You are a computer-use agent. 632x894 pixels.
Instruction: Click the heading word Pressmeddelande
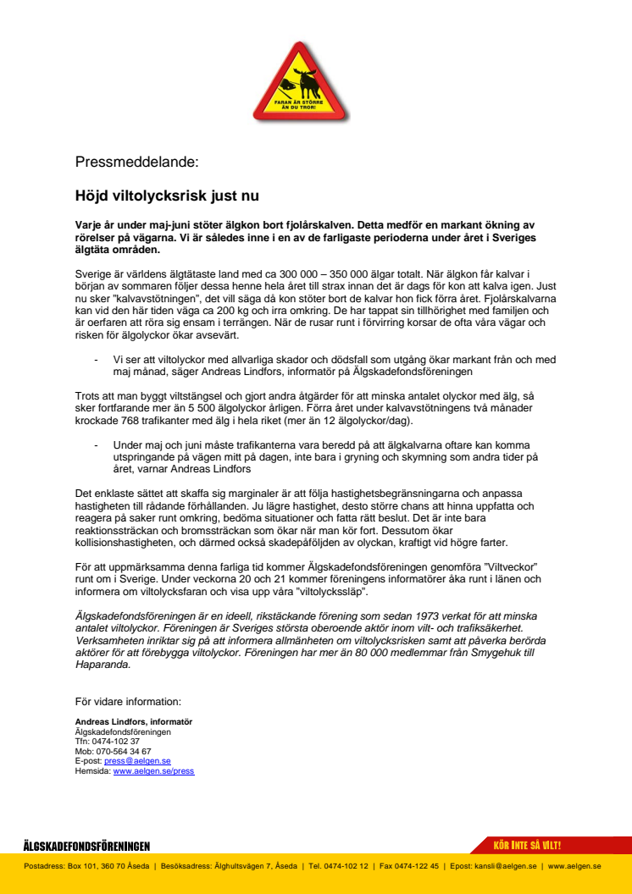136,162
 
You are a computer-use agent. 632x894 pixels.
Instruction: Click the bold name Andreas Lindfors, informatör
133,721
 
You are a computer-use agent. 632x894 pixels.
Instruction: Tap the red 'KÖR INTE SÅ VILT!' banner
527,846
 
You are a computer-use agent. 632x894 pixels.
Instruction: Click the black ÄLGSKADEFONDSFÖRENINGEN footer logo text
86,847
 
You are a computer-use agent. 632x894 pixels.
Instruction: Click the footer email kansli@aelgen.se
505,866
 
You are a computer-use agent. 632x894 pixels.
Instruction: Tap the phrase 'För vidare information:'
127,701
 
